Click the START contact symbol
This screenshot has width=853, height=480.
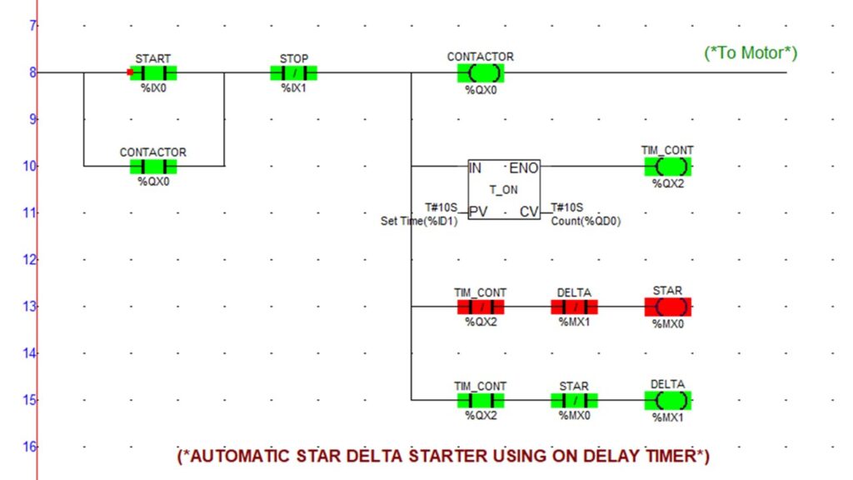(x=153, y=72)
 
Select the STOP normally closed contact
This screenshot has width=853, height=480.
(x=293, y=72)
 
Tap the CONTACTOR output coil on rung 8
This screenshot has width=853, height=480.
(x=480, y=72)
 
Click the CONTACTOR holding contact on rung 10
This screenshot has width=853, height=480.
(x=153, y=166)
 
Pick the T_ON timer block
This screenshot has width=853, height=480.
(x=503, y=190)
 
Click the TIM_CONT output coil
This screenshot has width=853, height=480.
(x=667, y=166)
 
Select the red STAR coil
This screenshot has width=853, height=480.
(x=667, y=307)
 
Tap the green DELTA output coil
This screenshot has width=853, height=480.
(x=667, y=400)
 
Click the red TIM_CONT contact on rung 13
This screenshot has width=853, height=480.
(x=480, y=307)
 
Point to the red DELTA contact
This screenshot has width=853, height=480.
(x=574, y=307)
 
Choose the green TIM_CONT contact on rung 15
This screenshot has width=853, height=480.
(x=480, y=400)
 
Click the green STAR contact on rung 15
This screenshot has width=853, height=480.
(x=574, y=400)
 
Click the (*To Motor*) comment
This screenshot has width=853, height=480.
(x=751, y=53)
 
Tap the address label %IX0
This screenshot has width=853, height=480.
(x=153, y=87)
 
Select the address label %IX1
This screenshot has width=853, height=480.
(x=293, y=87)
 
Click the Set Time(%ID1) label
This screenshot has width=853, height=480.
(x=420, y=222)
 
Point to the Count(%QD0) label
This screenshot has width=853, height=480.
(x=586, y=222)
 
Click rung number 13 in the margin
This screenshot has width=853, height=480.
(x=32, y=307)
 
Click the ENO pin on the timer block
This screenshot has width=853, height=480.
(x=523, y=167)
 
